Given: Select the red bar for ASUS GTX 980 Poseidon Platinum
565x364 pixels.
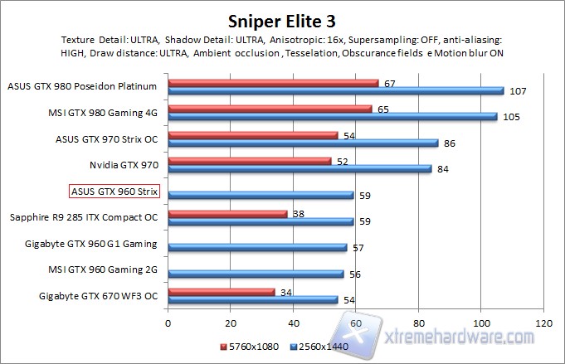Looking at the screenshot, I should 273,83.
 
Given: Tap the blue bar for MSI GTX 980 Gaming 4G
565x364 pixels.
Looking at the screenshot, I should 332,117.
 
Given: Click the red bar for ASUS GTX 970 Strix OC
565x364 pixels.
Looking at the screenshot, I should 253,134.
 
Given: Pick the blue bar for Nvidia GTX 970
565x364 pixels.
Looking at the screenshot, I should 300,169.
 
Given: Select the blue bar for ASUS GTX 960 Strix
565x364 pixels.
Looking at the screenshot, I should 261,195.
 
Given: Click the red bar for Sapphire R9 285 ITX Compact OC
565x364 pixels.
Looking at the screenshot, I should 227,213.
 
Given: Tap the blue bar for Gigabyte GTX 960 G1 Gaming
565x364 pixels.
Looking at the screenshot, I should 257,246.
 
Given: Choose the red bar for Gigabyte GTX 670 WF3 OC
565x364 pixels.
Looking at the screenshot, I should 222,291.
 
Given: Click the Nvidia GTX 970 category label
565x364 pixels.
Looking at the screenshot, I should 124,166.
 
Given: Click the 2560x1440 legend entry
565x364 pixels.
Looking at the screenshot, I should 319,346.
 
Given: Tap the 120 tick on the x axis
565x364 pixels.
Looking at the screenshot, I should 543,323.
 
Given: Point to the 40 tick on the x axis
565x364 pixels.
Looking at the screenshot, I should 294,323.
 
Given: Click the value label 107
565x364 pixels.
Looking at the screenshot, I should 516,91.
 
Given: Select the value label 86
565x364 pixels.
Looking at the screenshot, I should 449,143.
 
